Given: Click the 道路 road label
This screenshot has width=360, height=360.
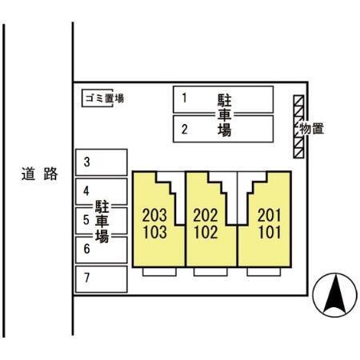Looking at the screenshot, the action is click(39, 174).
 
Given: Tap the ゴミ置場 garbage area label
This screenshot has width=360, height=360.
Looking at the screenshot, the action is click(105, 98).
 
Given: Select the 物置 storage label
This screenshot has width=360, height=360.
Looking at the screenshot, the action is click(312, 129).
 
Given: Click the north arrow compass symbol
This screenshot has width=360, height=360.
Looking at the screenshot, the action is click(335, 295).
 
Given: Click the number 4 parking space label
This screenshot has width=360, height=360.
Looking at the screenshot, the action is click(86, 191).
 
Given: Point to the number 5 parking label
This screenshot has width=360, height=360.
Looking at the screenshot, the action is click(86, 220).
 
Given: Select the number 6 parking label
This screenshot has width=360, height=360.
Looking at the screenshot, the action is click(86, 249).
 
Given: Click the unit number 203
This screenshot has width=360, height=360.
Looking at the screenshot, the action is click(154, 215).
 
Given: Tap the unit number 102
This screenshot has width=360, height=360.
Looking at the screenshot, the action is click(206, 232).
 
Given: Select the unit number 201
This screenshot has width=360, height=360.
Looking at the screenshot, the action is click(270, 215).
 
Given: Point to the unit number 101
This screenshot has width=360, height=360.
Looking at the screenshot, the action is click(270, 232).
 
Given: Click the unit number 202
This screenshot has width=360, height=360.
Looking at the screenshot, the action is click(206, 215).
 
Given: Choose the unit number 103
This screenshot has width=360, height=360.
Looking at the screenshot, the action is click(155, 232).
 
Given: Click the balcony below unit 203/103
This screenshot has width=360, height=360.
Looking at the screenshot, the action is click(159, 271).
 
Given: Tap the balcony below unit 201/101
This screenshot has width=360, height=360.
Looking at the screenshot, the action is click(264, 271).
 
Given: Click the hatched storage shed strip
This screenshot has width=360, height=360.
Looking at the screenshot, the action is click(298, 126).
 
